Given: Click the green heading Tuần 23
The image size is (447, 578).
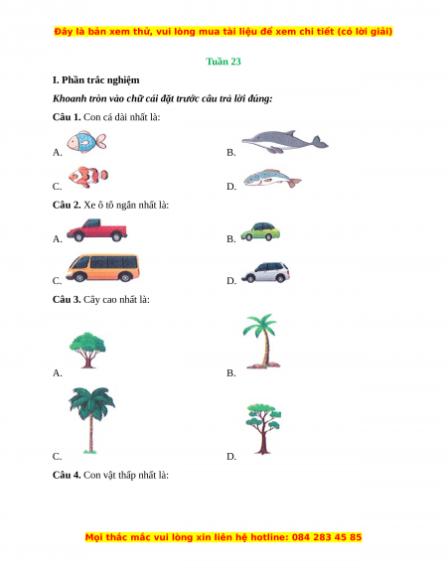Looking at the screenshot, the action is click(x=223, y=62).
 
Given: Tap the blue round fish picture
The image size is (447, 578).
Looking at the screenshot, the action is click(x=86, y=142).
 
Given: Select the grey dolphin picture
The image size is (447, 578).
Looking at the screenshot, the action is click(x=285, y=142).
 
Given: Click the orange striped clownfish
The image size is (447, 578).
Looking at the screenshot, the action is click(x=88, y=177).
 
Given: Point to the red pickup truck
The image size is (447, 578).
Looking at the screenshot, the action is click(x=97, y=230).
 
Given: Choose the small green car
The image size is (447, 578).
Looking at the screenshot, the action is click(x=260, y=231).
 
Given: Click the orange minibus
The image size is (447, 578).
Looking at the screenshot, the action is click(x=103, y=268).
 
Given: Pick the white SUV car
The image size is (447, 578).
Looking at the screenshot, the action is click(x=265, y=272).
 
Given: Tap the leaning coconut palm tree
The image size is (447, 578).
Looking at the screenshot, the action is click(x=261, y=341).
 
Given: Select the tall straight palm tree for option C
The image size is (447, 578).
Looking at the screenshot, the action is click(x=91, y=420).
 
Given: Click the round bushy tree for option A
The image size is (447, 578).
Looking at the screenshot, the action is click(x=87, y=350).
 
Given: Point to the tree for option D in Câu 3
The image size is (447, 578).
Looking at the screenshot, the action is click(x=263, y=429).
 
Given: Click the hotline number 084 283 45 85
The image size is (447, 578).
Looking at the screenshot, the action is click(x=327, y=537).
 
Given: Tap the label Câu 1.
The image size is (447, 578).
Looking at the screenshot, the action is click(x=67, y=117).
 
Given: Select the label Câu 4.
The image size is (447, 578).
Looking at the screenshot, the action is click(x=67, y=475).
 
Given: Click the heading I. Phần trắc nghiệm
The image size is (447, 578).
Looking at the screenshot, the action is click(x=96, y=80).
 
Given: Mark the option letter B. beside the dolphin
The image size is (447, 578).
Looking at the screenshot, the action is click(x=231, y=152).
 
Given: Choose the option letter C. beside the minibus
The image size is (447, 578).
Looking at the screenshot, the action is click(x=58, y=281).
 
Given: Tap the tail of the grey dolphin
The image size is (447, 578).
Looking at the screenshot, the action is click(x=320, y=142).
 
